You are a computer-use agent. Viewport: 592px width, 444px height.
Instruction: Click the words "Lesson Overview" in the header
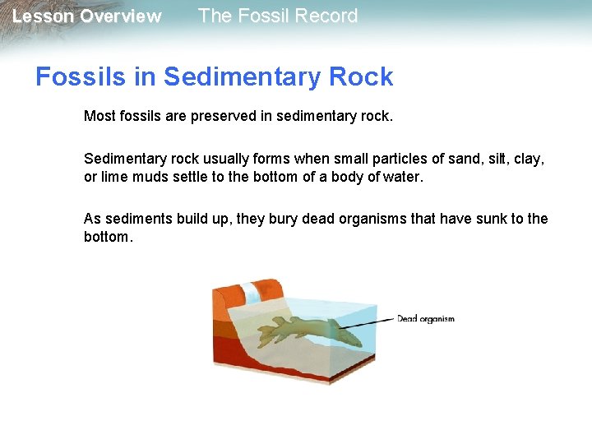coord(86,16)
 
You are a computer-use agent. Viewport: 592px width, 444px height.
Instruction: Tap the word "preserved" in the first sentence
coord(223,117)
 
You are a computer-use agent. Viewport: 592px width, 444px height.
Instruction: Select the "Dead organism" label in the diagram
coord(425,319)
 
